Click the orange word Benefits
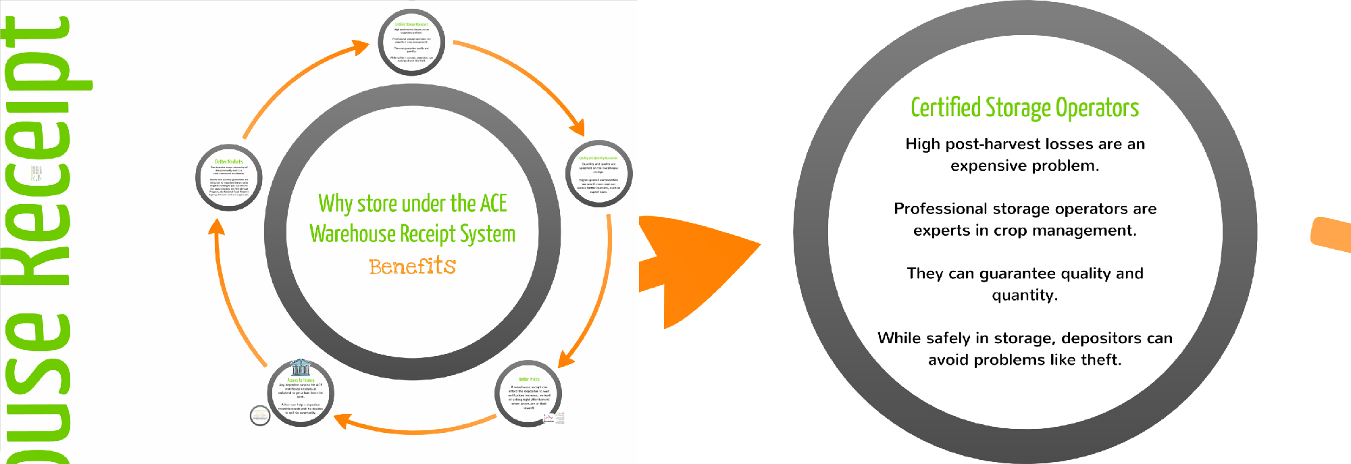412,266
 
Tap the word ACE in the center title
493,203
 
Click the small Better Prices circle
528,394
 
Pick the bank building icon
300,367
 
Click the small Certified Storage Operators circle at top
411,42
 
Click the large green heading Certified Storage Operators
1025,108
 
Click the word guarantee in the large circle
1018,274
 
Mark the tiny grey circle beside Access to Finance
260,415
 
